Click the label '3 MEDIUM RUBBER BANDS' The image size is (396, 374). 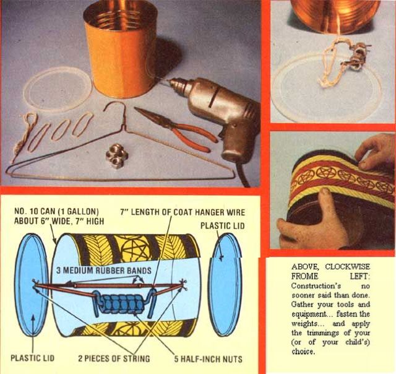click(104, 271)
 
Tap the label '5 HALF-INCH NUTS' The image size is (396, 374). click(208, 359)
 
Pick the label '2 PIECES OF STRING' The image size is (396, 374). click(114, 359)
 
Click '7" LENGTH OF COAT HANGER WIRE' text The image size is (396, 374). click(183, 212)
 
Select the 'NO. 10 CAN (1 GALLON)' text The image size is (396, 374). click(56, 211)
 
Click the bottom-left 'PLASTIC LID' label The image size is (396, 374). click(32, 358)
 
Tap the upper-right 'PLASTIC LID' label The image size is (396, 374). click(223, 225)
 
